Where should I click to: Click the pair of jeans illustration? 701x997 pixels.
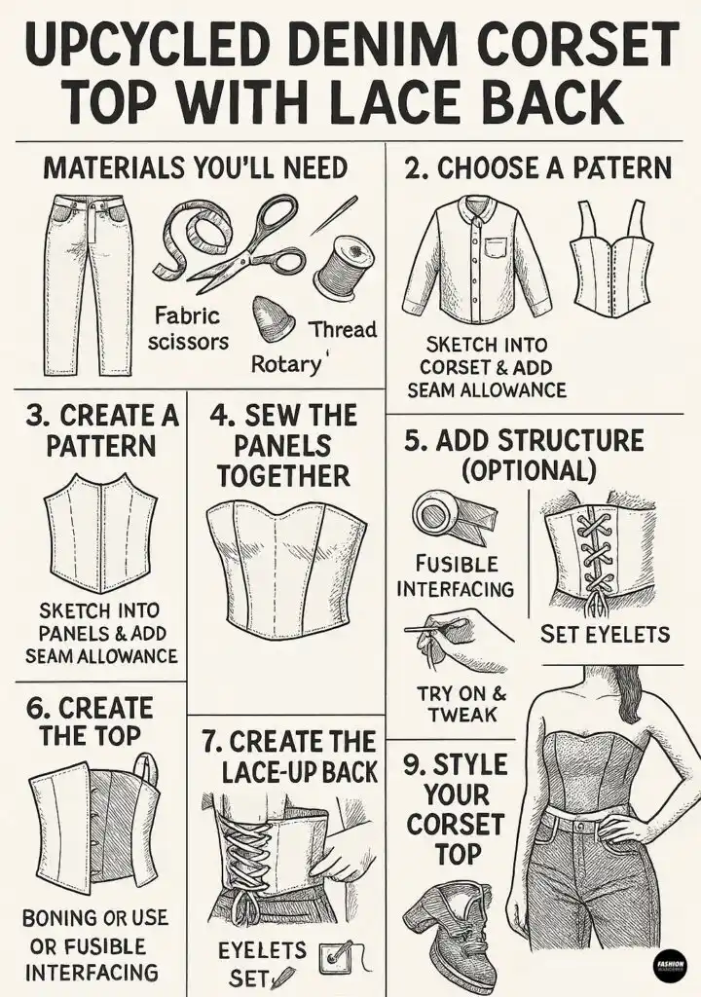pyautogui.click(x=89, y=285)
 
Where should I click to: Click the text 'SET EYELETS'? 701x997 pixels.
pyautogui.click(x=605, y=634)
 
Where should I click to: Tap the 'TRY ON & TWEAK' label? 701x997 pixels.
pyautogui.click(x=461, y=703)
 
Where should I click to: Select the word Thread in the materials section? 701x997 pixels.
pyautogui.click(x=343, y=329)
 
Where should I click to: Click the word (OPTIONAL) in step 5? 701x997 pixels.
pyautogui.click(x=529, y=470)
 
